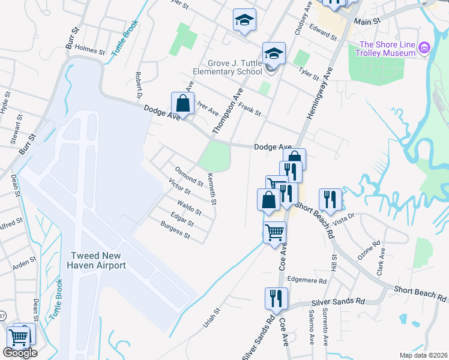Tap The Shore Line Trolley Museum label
pos(387,49)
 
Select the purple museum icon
pos(425,47)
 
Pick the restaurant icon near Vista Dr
pos(330,199)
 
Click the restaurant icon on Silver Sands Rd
pos(277,298)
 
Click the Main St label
pos(367,21)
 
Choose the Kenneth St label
pos(211,188)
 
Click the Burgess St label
pos(175,230)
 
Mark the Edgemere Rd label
pos(307,280)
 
